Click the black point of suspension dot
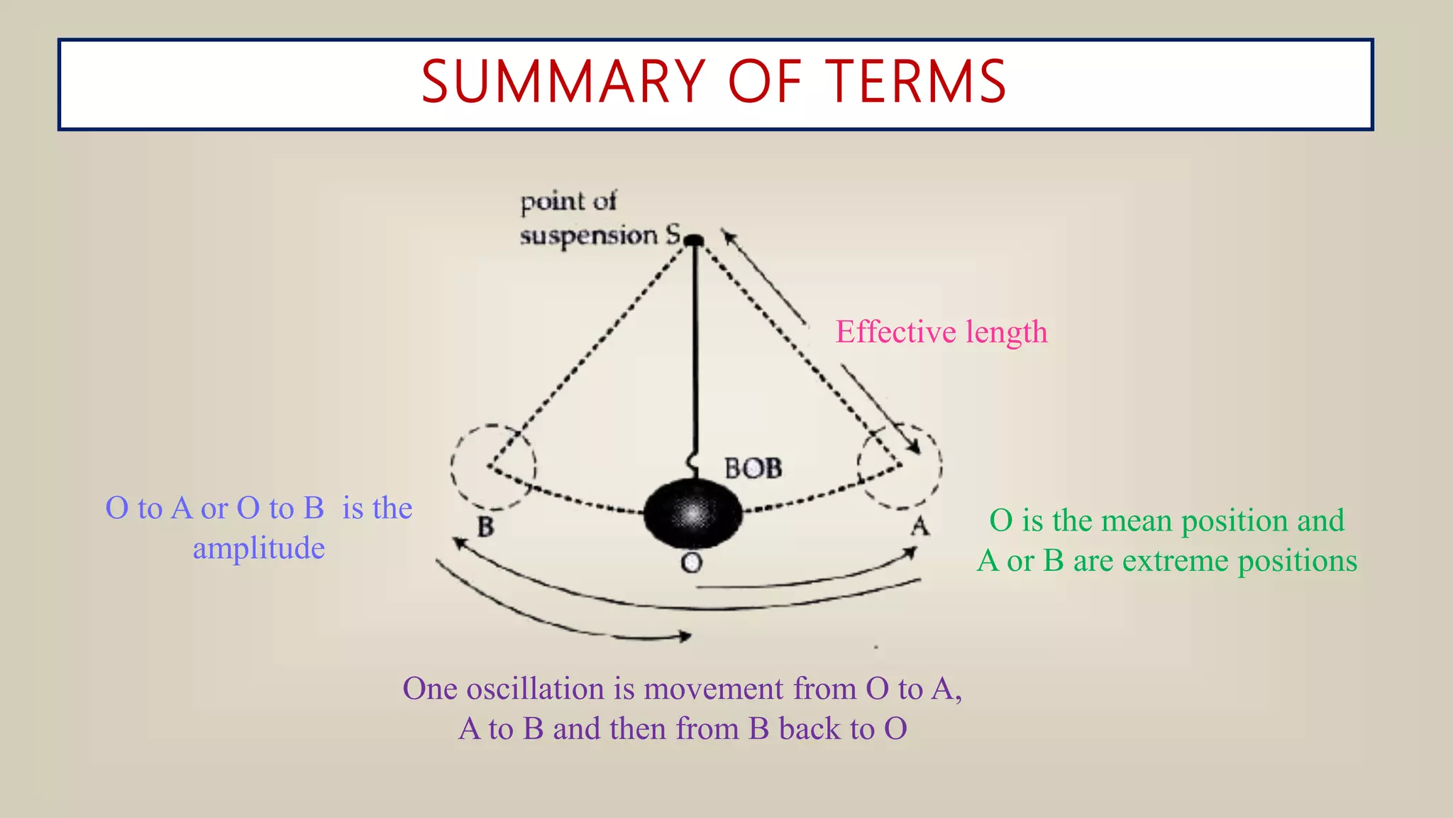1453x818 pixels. pos(695,241)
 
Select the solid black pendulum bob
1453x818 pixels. pos(692,513)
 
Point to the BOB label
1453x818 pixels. pos(753,469)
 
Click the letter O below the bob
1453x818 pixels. pos(691,563)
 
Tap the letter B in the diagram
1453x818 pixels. pos(486,527)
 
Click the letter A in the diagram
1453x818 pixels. pos(919,526)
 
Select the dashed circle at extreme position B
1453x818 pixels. pos(493,467)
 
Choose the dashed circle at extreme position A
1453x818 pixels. pos(900,467)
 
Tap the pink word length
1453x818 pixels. pos(1006,332)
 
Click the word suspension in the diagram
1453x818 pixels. pos(589,236)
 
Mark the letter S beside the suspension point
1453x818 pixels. pos(673,234)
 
